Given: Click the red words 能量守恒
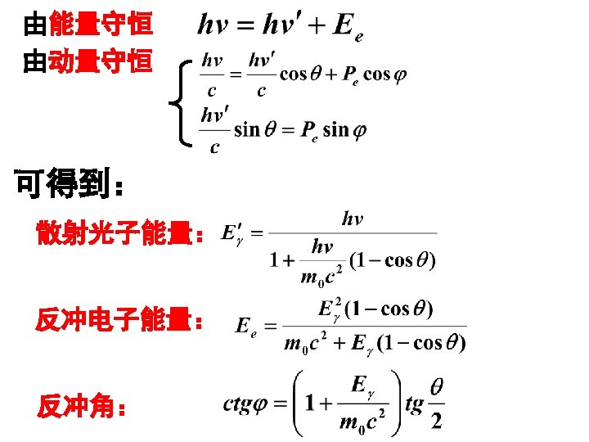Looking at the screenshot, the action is pos(101,25).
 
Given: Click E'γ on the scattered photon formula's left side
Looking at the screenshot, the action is pos(233,234).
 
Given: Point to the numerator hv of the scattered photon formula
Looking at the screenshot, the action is pos(352,219).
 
